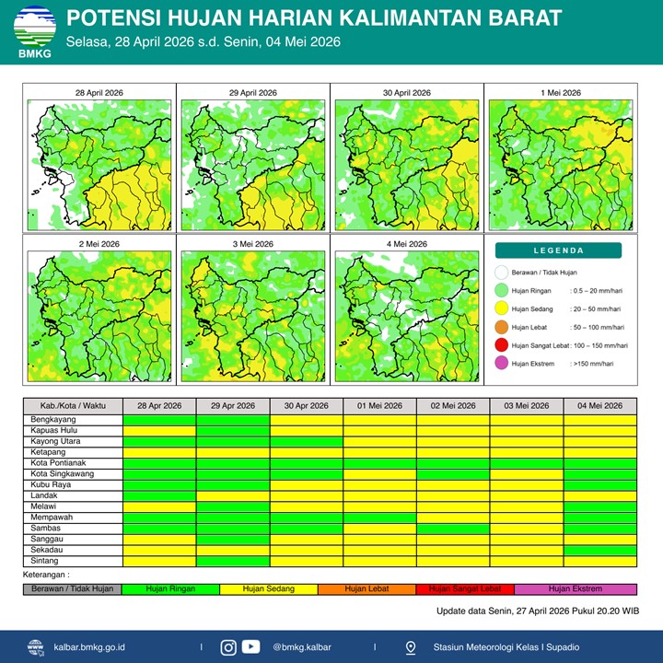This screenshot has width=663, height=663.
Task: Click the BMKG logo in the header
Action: [34, 32]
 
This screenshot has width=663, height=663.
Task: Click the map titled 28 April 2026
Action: [99, 162]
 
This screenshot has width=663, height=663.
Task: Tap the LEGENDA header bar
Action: [558, 250]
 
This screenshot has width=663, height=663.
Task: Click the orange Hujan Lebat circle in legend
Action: [500, 327]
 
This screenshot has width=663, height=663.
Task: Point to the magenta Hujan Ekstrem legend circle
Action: [500, 364]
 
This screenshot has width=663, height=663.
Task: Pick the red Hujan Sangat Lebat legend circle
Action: [500, 345]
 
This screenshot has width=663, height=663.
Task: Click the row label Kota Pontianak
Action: [58, 463]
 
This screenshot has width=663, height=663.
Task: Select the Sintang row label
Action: [45, 561]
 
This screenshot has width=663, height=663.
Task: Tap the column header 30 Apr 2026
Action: [306, 406]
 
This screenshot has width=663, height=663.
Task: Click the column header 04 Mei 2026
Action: [599, 406]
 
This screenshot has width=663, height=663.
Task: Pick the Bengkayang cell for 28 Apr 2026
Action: [159, 420]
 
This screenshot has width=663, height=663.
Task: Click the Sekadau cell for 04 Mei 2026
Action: [599, 550]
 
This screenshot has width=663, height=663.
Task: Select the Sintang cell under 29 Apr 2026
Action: [233, 561]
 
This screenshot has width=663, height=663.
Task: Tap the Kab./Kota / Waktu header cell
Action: [73, 406]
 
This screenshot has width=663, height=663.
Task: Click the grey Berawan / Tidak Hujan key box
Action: [72, 588]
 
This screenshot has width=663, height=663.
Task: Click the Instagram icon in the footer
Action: [228, 647]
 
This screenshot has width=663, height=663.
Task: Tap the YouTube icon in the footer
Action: [250, 647]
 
